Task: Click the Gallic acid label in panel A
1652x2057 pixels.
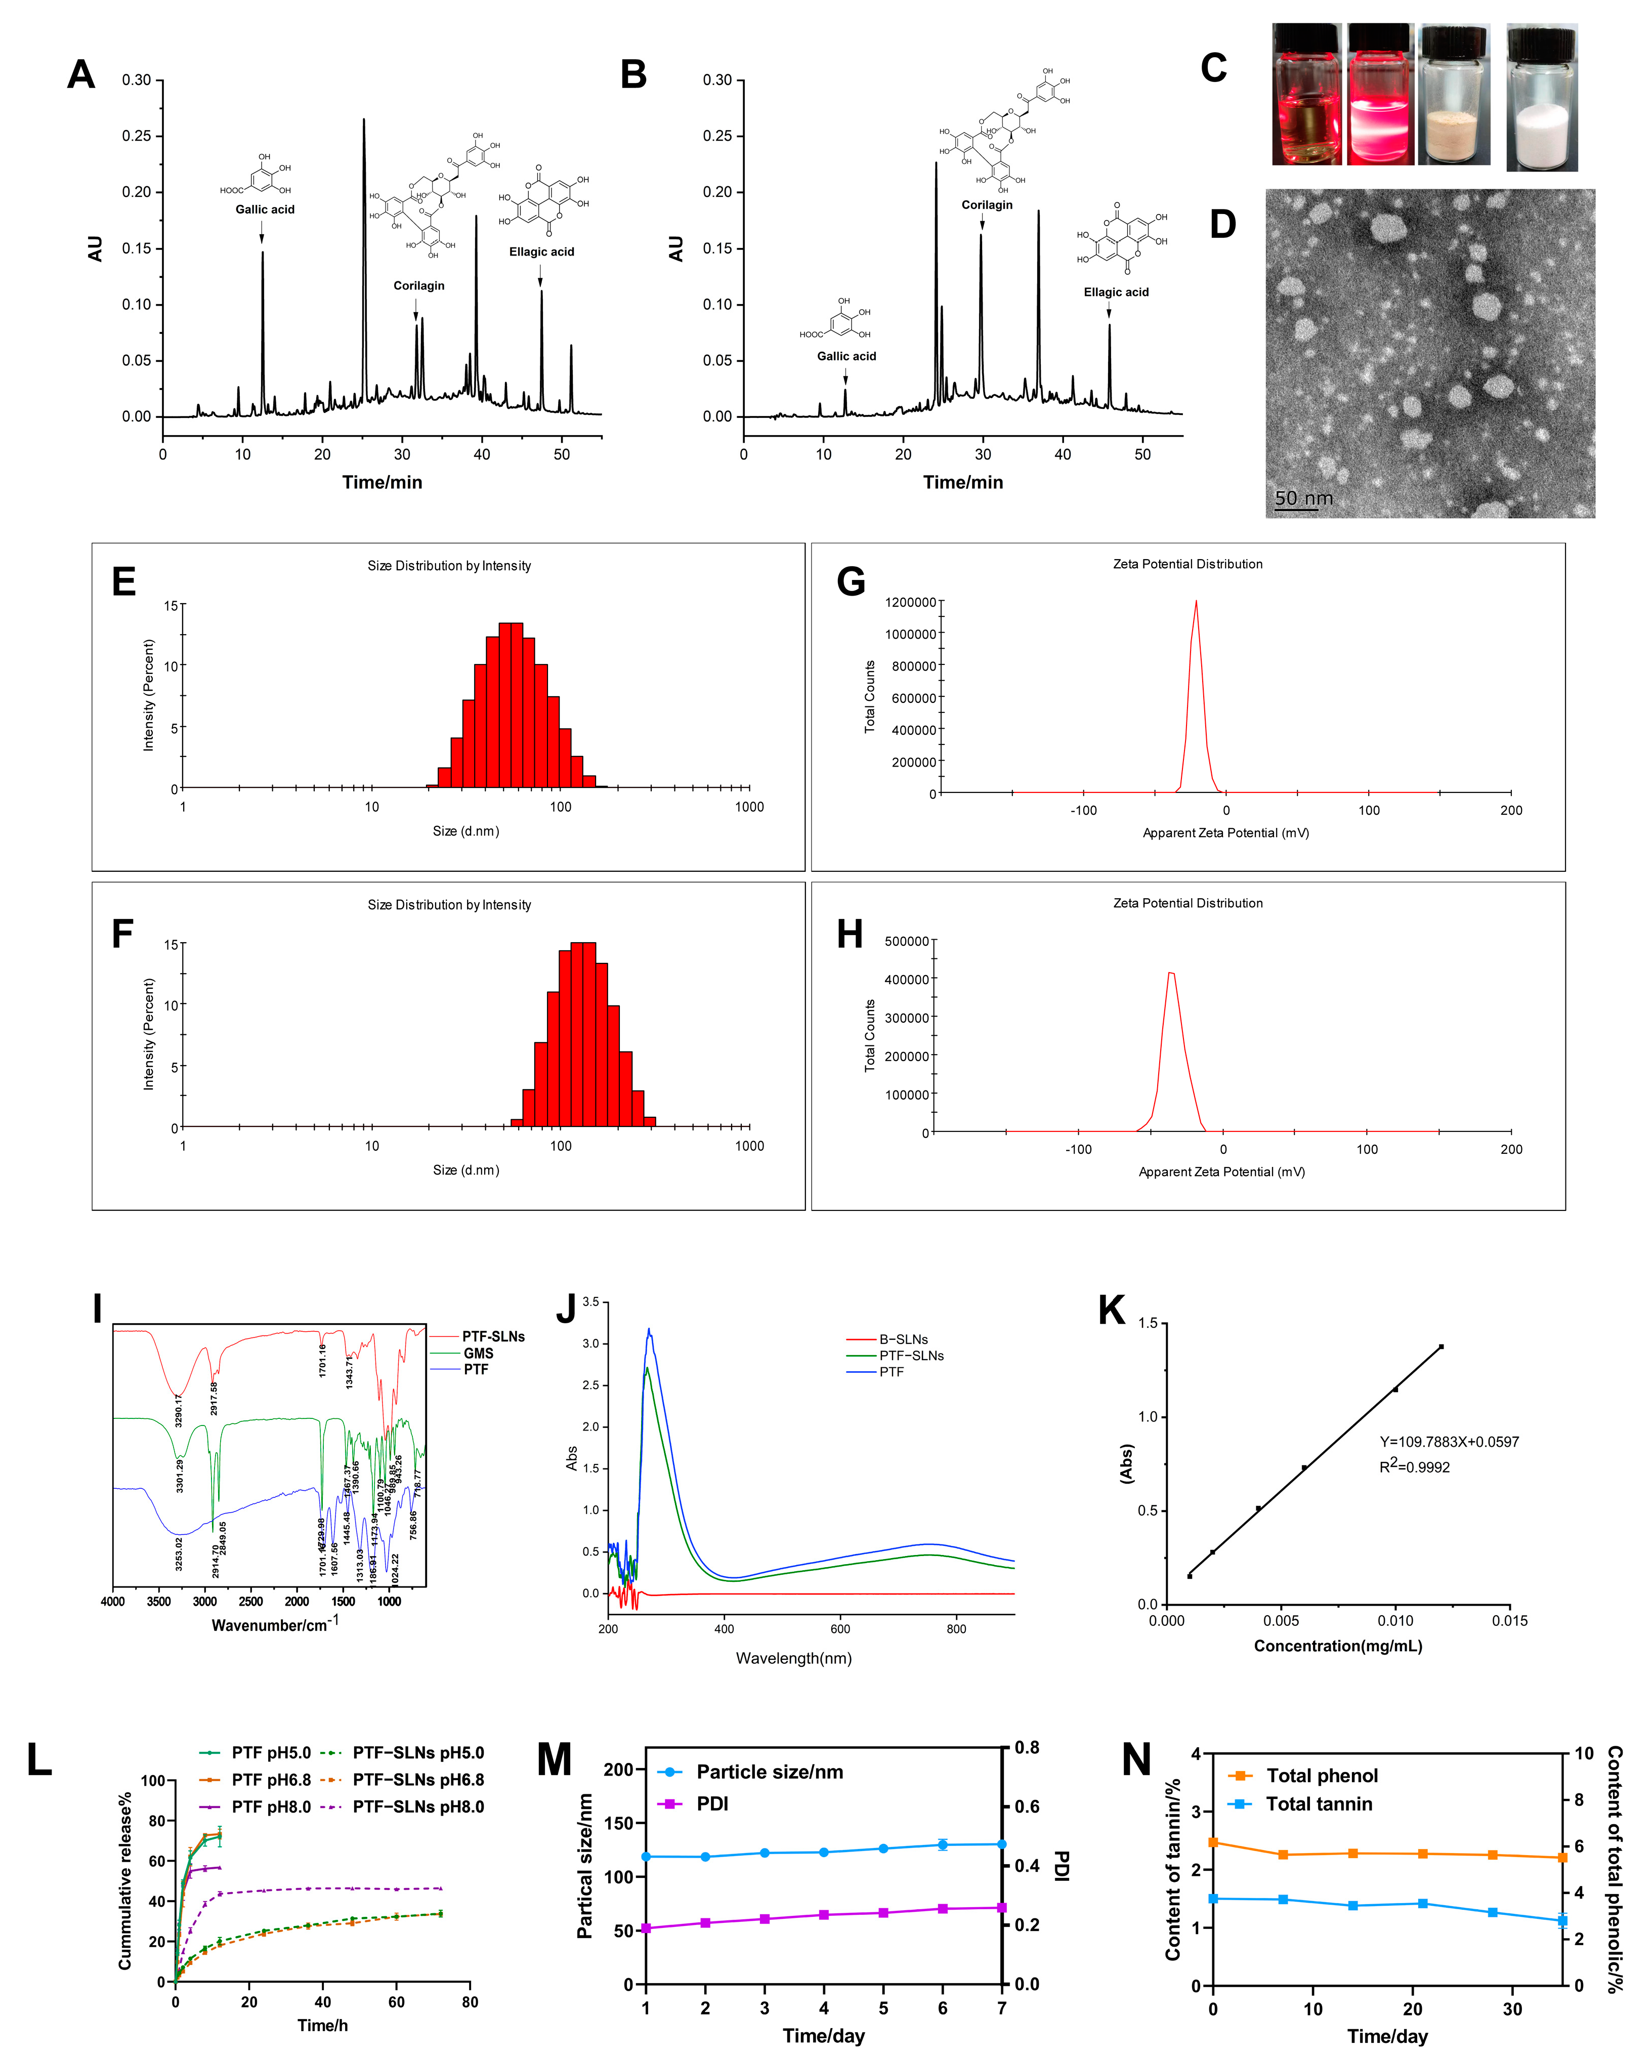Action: point(265,209)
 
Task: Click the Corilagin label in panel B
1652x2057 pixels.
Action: point(986,204)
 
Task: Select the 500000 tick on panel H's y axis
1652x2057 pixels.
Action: point(906,941)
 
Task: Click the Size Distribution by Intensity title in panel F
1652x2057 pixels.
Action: point(449,904)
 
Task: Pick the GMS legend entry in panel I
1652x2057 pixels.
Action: point(477,1353)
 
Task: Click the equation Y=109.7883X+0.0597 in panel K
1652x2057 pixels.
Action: point(1449,1442)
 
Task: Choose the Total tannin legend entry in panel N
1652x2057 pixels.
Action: point(1318,1803)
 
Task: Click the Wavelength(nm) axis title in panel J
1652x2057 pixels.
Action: point(793,1658)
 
